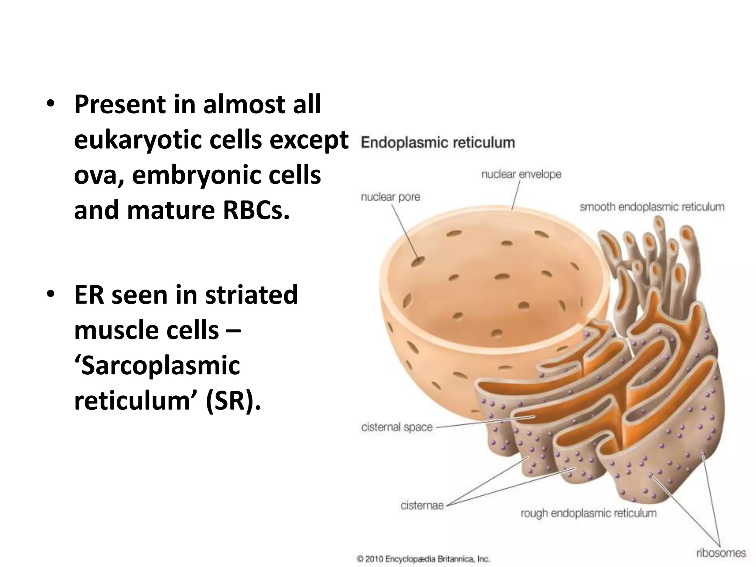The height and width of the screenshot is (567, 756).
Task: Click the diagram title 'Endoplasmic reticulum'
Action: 438,143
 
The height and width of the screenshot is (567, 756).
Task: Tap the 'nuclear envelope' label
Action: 521,174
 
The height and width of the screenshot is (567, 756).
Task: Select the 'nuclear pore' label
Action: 390,197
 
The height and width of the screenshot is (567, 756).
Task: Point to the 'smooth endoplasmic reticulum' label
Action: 652,207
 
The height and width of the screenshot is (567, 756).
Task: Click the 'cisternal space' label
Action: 397,427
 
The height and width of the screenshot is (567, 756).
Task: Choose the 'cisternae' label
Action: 422,505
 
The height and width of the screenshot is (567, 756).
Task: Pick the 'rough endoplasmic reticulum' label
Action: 588,513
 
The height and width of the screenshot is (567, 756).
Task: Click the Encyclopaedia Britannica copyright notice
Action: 423,559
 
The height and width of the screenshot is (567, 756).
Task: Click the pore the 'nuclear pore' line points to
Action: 418,261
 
